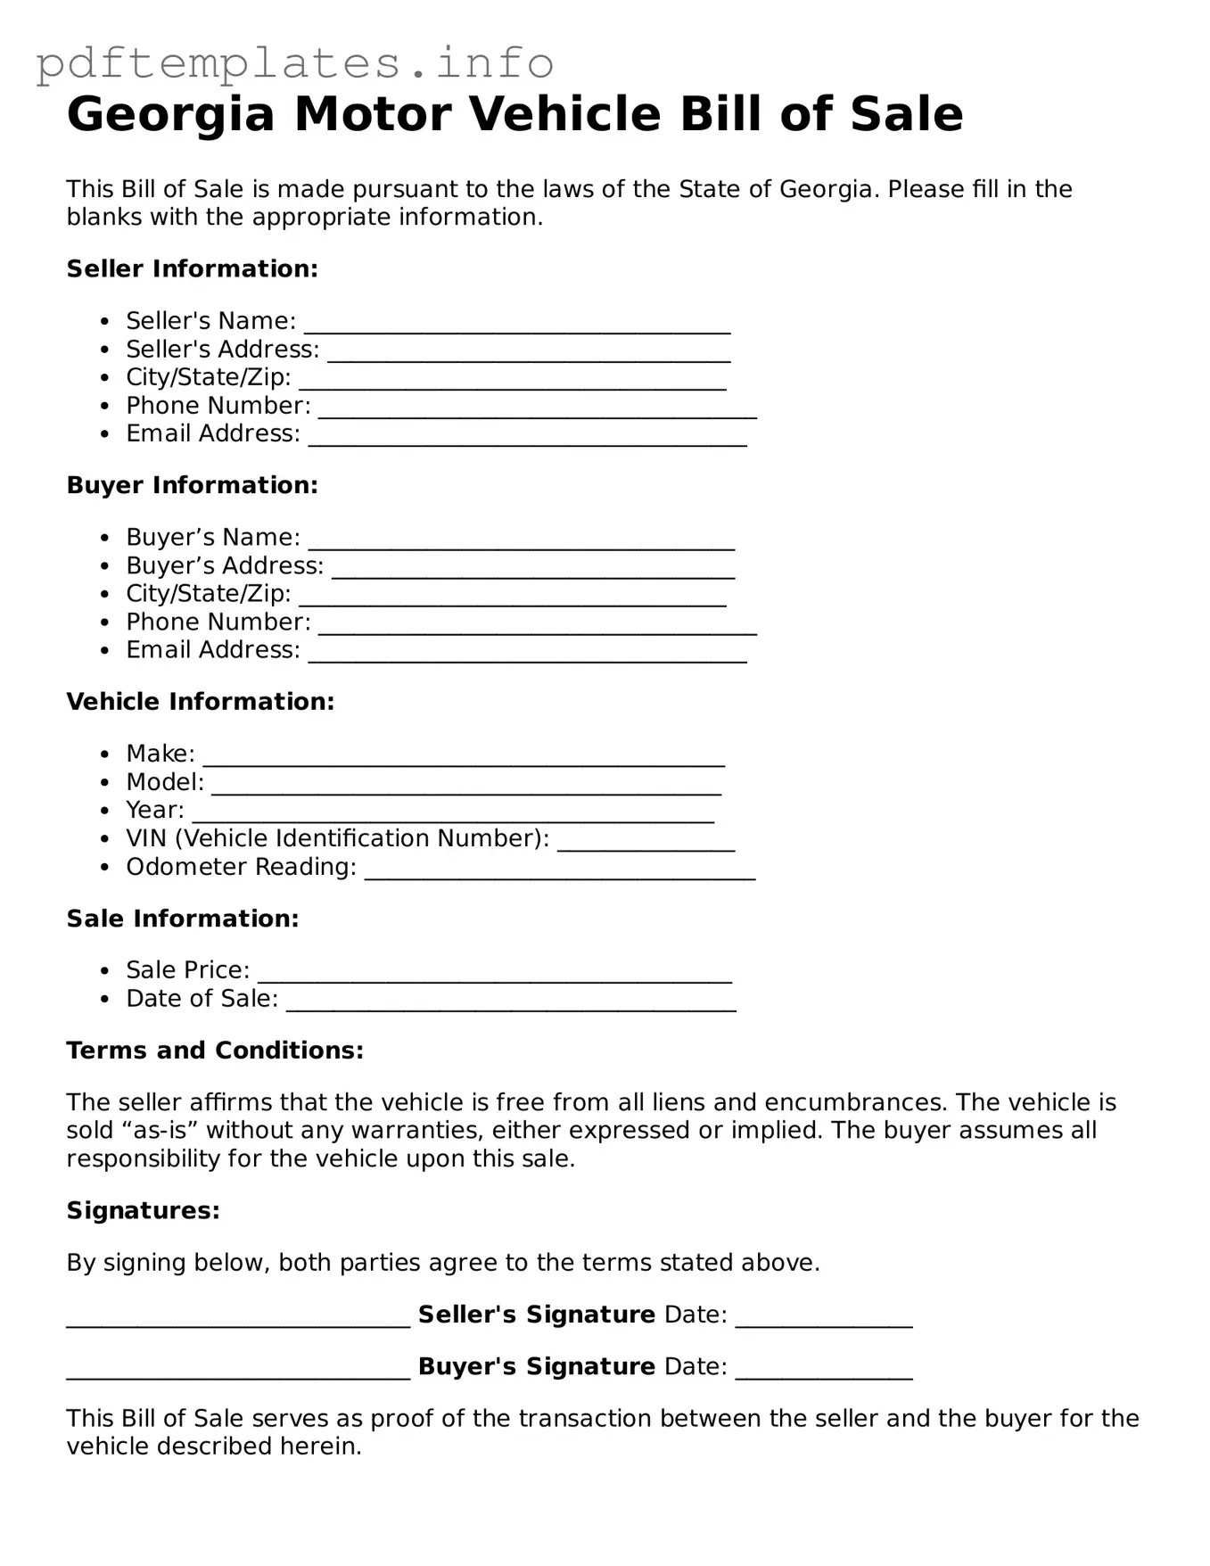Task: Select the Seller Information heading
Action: pyautogui.click(x=192, y=268)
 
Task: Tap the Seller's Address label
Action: pyautogui.click(x=222, y=349)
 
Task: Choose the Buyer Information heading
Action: pyautogui.click(x=192, y=485)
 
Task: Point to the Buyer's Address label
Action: pyautogui.click(x=225, y=565)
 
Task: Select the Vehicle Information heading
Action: pyautogui.click(x=200, y=702)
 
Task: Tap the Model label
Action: pyautogui.click(x=164, y=782)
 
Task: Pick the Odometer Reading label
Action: pyautogui.click(x=241, y=867)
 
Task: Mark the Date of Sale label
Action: pyautogui.click(x=202, y=998)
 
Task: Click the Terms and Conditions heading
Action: pyautogui.click(x=215, y=1051)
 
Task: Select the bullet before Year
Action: pyautogui.click(x=105, y=812)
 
